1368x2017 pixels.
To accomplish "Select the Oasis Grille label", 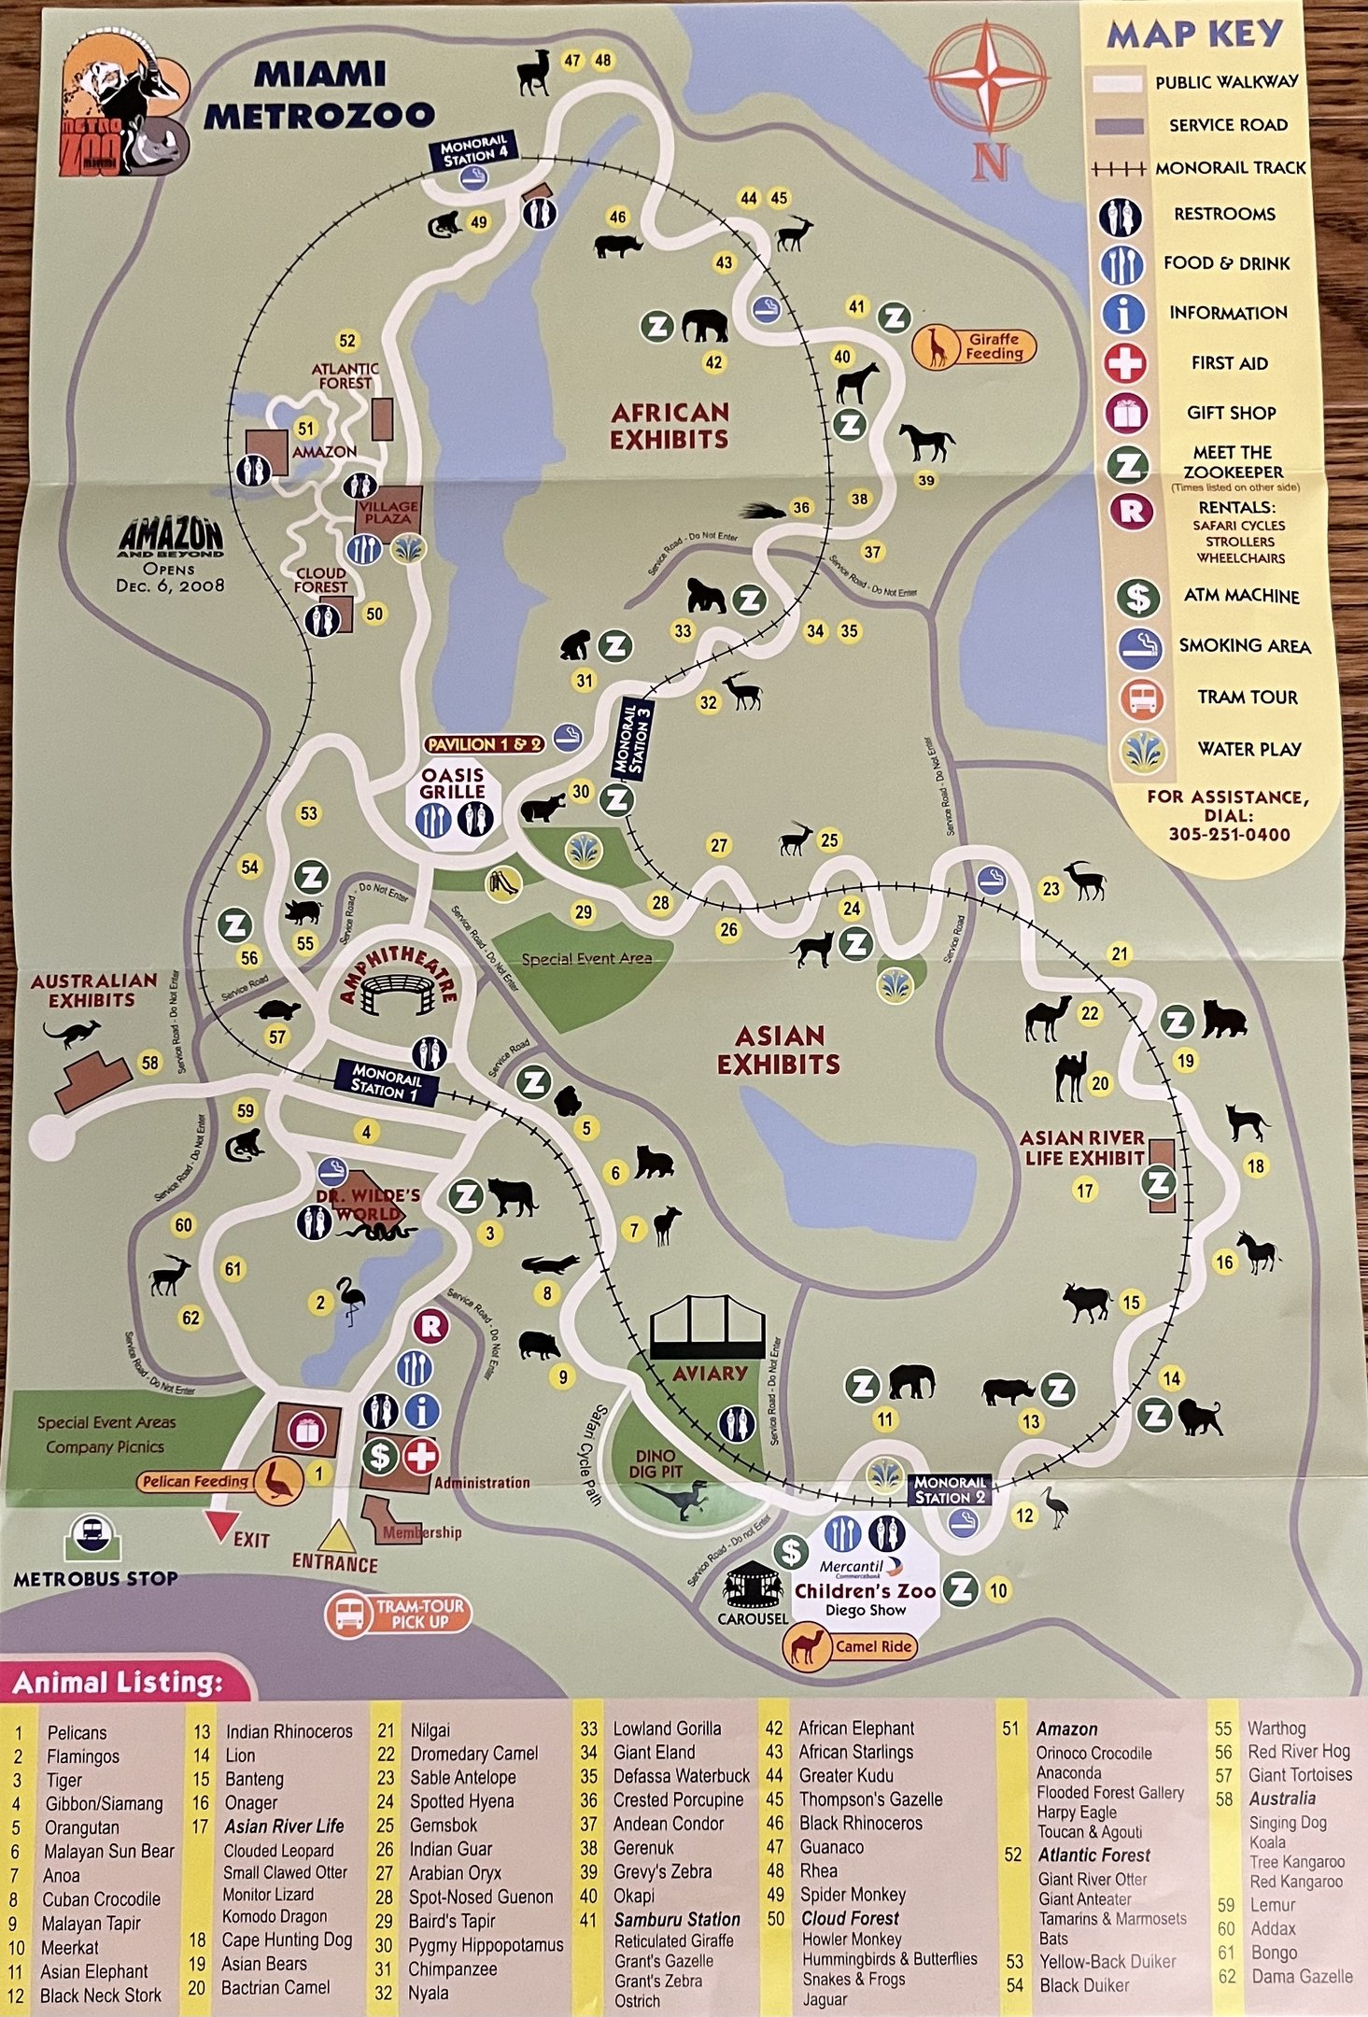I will coord(452,783).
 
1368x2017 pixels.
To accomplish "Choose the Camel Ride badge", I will coord(849,1646).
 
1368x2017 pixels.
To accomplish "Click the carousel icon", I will coord(752,1583).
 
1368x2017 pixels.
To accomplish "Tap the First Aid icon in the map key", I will coord(1125,362).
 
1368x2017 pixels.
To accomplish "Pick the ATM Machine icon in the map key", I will coord(1139,597).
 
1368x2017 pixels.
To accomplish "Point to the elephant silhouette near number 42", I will coord(705,326).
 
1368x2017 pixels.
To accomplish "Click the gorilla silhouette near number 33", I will coord(706,595).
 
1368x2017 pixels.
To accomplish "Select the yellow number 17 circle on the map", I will coord(1084,1191).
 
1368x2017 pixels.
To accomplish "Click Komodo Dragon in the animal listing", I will coord(275,1916).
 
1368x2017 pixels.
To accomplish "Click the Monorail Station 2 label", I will coord(950,1489).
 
